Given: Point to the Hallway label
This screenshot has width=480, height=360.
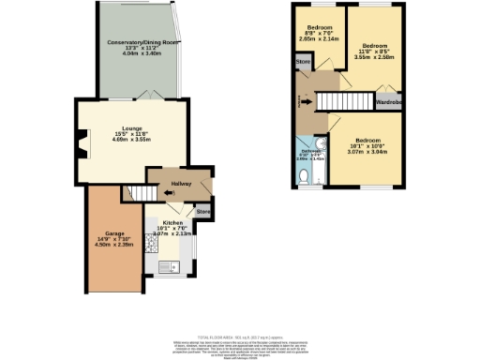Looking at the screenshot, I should tap(169, 185).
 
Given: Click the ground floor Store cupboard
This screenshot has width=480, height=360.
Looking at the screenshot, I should tap(202, 213).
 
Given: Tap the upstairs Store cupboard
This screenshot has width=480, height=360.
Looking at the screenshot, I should tap(303, 63).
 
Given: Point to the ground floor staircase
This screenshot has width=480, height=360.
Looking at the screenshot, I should tap(140, 192).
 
